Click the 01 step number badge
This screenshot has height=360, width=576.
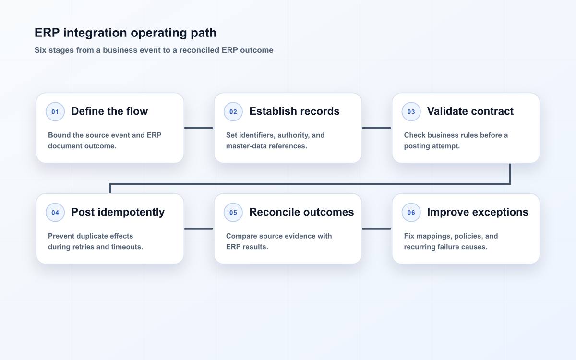pos(55,111)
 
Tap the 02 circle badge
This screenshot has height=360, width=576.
pos(233,111)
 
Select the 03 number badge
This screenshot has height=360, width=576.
pos(411,111)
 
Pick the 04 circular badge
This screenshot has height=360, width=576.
pos(55,212)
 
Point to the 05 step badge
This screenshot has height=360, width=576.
pos(233,212)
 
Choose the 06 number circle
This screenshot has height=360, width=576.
pos(411,212)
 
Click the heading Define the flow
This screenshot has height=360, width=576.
pos(109,111)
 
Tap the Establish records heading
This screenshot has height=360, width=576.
pos(294,111)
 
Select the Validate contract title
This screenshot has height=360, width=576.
pos(470,111)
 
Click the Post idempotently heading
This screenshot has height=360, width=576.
pos(118,212)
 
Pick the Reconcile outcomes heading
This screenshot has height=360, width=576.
pos(301,212)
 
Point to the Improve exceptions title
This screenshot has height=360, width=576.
pos(478,212)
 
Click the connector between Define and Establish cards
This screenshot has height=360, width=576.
pos(199,128)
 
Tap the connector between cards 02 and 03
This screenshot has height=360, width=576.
pos(377,128)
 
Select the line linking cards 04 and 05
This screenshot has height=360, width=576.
pos(199,228)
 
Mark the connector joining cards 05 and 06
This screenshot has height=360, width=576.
pos(377,228)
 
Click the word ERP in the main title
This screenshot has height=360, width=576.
pos(47,33)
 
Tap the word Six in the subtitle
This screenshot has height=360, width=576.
pos(40,50)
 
